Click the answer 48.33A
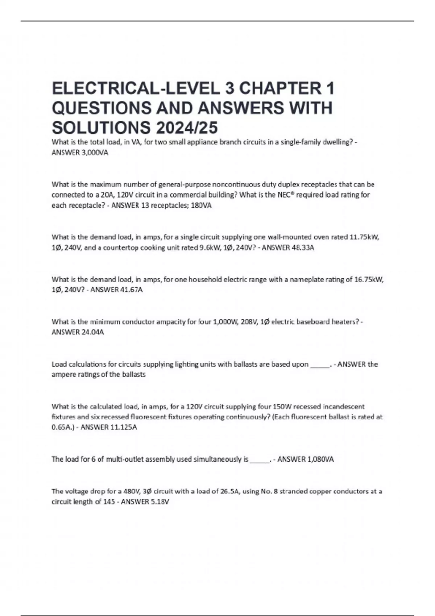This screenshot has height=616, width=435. click(x=303, y=248)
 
